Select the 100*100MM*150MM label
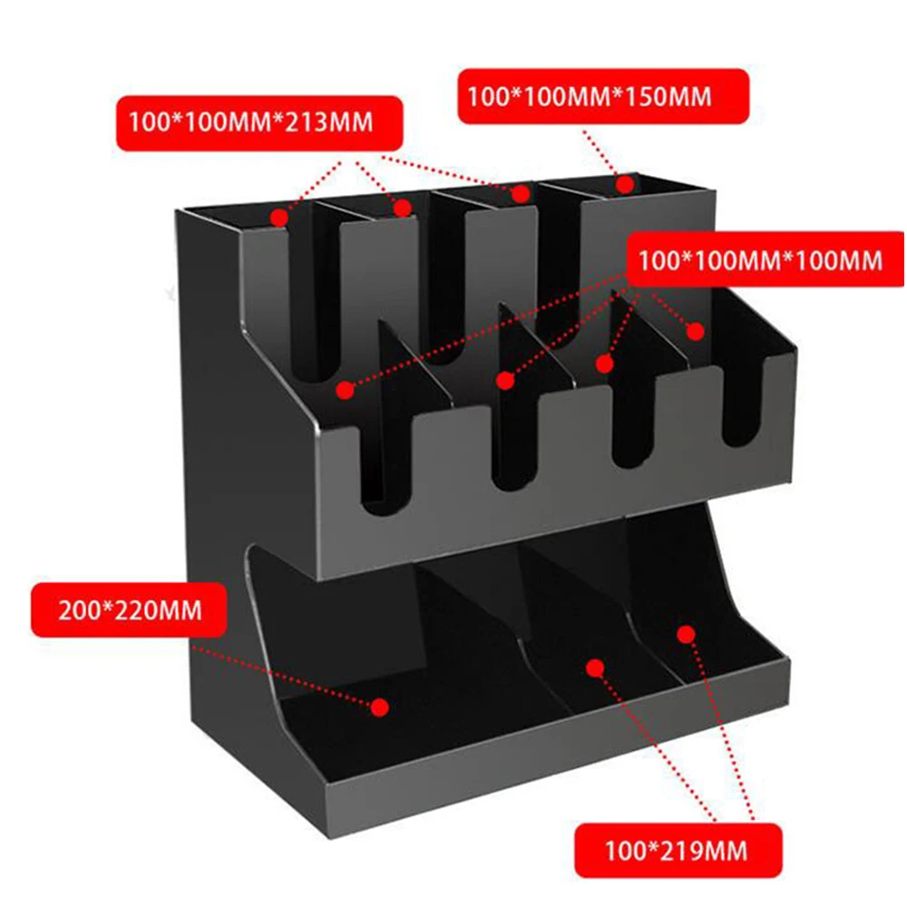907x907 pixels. coord(602,95)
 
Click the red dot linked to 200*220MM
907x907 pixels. coord(381,705)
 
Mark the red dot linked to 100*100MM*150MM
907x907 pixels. coord(625,184)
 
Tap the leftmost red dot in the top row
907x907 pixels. coord(280,218)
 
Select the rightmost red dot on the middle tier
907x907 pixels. coord(695,331)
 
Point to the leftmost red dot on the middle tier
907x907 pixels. coord(345,390)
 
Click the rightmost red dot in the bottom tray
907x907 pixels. coord(687,633)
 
